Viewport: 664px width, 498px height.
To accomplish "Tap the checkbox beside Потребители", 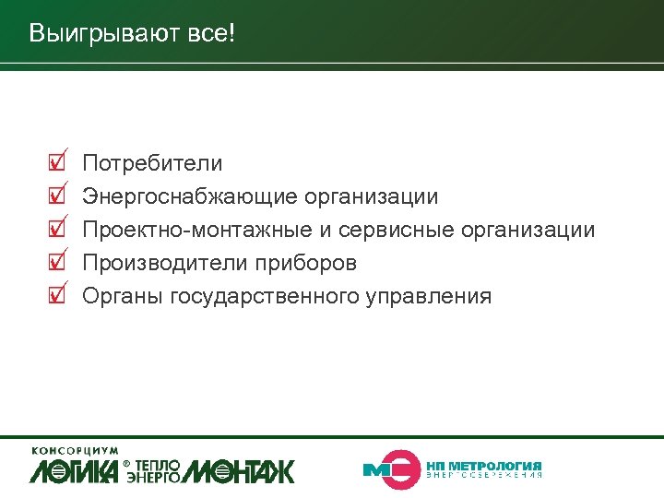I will click(x=56, y=164).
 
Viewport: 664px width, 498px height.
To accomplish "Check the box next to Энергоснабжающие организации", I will click(x=56, y=196).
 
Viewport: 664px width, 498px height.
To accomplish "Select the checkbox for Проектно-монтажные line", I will click(x=56, y=230).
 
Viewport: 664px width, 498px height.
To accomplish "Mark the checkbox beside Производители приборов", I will click(x=56, y=263).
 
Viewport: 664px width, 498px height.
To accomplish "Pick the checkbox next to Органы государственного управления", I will click(x=56, y=296).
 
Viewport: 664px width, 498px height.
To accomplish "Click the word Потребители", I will click(x=152, y=164).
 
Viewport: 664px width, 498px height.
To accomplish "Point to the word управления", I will click(x=429, y=296).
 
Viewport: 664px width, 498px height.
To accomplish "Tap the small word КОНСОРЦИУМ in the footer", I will click(x=75, y=450).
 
